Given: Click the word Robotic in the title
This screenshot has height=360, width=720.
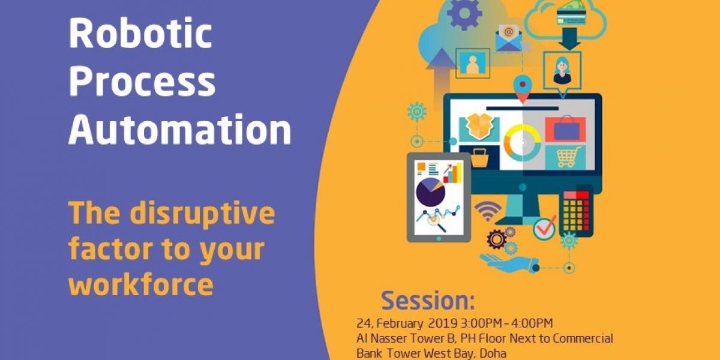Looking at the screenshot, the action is point(140,33).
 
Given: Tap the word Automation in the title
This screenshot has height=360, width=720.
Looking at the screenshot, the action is point(180,129).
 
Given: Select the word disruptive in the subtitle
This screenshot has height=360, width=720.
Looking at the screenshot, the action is point(202,214).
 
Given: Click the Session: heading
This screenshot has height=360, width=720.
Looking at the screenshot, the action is point(428,301).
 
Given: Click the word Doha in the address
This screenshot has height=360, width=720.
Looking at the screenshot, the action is point(493,353).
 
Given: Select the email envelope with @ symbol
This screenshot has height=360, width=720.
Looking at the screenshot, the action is point(509,38).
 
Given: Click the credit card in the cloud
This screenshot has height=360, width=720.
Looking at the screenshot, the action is point(571,17).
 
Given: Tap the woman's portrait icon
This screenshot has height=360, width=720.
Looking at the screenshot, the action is point(562,71).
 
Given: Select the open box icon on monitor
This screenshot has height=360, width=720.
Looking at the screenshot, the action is point(480,127).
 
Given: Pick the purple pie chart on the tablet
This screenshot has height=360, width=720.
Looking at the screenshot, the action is point(430,192).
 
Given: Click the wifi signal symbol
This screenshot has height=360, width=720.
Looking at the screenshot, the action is point(488,211).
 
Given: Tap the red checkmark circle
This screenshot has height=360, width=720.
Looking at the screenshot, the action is point(545,228).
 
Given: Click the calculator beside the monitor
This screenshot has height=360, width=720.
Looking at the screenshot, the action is point(577,211).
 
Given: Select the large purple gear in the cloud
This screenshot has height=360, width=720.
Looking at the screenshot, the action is point(464,13).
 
